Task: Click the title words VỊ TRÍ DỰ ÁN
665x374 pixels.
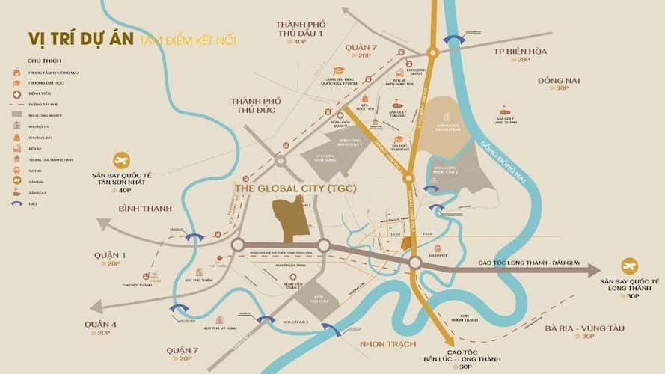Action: [81, 40]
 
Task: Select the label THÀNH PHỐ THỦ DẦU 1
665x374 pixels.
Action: [299, 28]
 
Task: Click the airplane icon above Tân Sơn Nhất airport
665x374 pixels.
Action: [121, 159]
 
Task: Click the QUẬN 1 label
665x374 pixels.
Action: [110, 256]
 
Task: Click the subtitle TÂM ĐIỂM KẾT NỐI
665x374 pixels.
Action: [186, 40]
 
